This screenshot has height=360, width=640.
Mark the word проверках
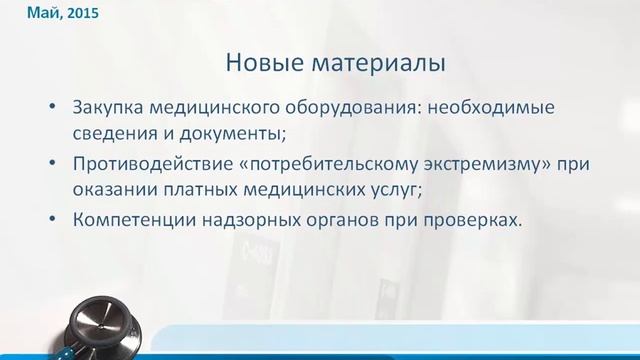pos(475,222)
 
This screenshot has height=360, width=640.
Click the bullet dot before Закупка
pos(52,107)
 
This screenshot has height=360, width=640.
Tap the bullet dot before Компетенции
pos(52,222)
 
